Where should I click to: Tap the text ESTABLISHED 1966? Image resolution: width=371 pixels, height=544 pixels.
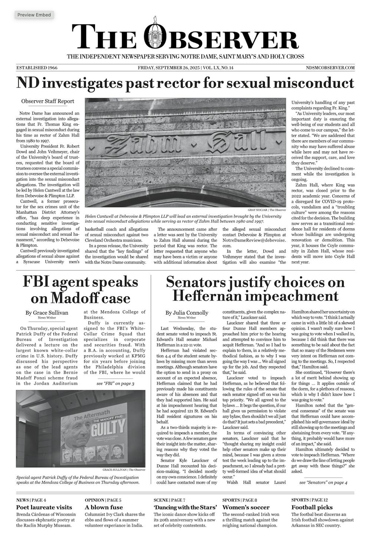pos(37,68)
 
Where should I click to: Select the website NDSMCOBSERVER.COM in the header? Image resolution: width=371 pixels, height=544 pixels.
pos(330,68)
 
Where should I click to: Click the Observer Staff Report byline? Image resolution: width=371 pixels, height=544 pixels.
pos(47,101)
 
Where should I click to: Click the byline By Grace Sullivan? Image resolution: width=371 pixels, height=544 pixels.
pos(47,313)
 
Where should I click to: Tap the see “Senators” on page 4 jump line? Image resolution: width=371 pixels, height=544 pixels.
pos(323,482)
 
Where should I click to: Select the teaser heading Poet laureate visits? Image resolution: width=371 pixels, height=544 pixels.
pos(44,507)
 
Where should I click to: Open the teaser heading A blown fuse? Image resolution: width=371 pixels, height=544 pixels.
pos(104,507)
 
